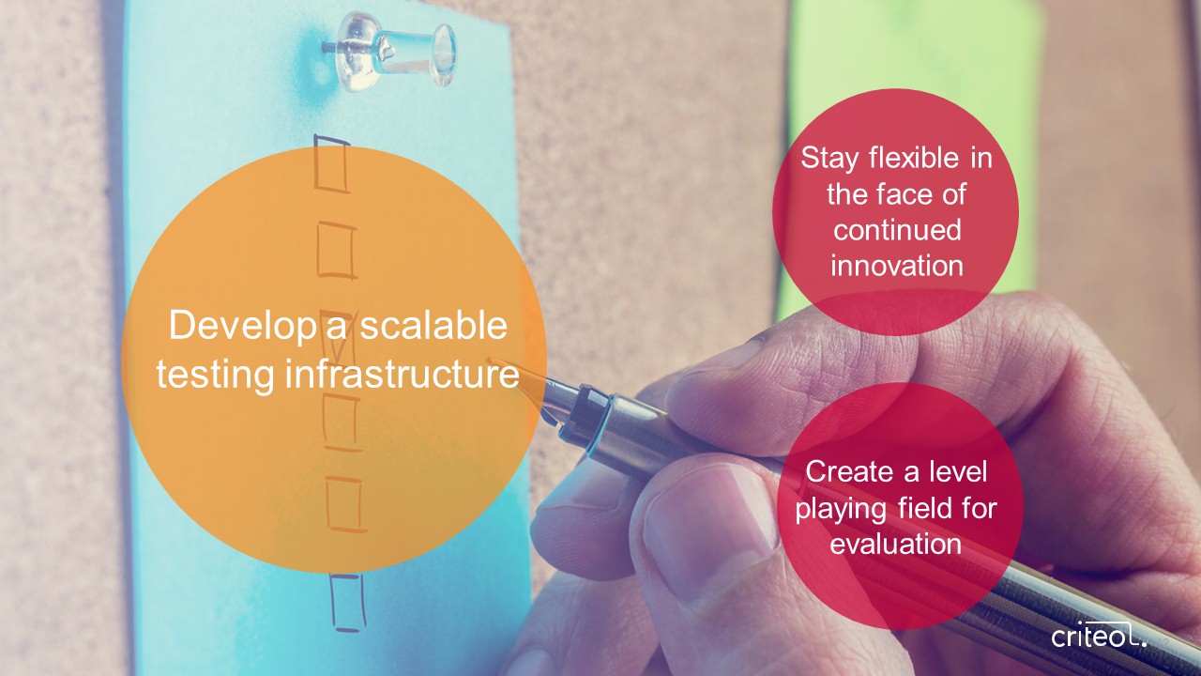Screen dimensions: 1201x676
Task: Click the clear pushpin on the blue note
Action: pos(391,51)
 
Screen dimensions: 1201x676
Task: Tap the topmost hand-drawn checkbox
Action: pos(332,163)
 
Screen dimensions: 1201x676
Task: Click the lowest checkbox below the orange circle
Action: pos(347,603)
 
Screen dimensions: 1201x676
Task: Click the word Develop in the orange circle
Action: pos(242,327)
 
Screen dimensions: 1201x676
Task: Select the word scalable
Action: pos(433,325)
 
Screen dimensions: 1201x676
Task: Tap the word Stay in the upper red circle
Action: pos(829,160)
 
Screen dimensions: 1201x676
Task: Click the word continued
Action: pos(897,230)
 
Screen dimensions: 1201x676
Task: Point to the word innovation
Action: pos(897,266)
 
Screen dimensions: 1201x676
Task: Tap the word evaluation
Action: pos(895,544)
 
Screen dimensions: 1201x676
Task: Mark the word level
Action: pos(958,471)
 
